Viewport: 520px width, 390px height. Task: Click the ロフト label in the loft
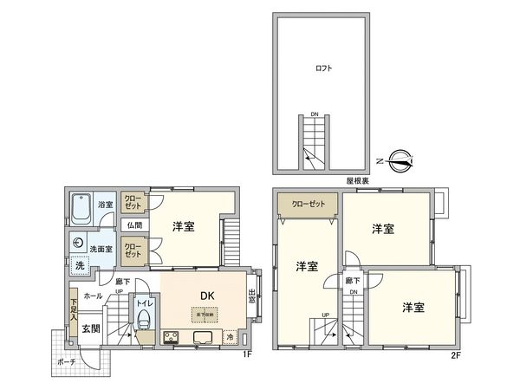click(x=324, y=67)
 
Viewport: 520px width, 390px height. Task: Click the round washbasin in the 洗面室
click(x=79, y=244)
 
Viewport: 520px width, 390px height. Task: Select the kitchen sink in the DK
click(x=205, y=337)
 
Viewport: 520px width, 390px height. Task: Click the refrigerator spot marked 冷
click(x=231, y=337)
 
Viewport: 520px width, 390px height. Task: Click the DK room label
click(x=208, y=296)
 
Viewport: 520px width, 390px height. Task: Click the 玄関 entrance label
click(x=91, y=328)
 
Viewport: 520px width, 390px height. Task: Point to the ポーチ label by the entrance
click(x=67, y=361)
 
